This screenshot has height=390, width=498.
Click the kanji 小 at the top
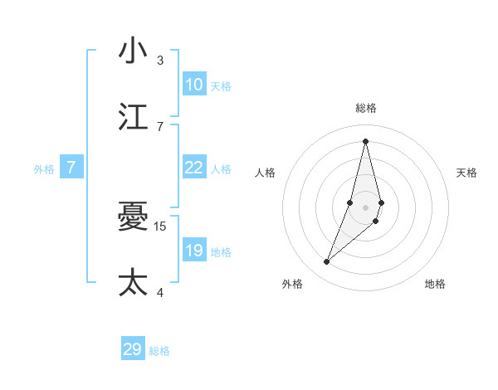pyautogui.click(x=133, y=51)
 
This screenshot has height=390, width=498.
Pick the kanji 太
pyautogui.click(x=133, y=283)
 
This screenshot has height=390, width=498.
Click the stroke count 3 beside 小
pyautogui.click(x=160, y=60)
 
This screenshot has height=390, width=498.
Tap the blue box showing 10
pyautogui.click(x=194, y=85)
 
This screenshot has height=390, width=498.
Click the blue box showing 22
pyautogui.click(x=194, y=168)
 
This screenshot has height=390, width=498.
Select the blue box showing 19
pyautogui.click(x=194, y=251)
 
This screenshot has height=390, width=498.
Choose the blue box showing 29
pyautogui.click(x=133, y=349)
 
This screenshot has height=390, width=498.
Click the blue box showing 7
pyautogui.click(x=71, y=168)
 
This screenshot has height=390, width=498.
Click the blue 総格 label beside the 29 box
pyautogui.click(x=159, y=351)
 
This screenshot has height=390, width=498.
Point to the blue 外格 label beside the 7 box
pyautogui.click(x=44, y=169)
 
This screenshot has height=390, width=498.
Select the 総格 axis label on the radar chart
pyautogui.click(x=366, y=108)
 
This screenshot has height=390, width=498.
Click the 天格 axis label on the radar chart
pyautogui.click(x=467, y=173)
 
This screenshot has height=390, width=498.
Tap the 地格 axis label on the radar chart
pyautogui.click(x=435, y=284)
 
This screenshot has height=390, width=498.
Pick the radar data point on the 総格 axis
pyautogui.click(x=365, y=141)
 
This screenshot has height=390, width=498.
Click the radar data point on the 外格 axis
pyautogui.click(x=327, y=262)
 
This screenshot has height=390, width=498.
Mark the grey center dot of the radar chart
pyautogui.click(x=365, y=207)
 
